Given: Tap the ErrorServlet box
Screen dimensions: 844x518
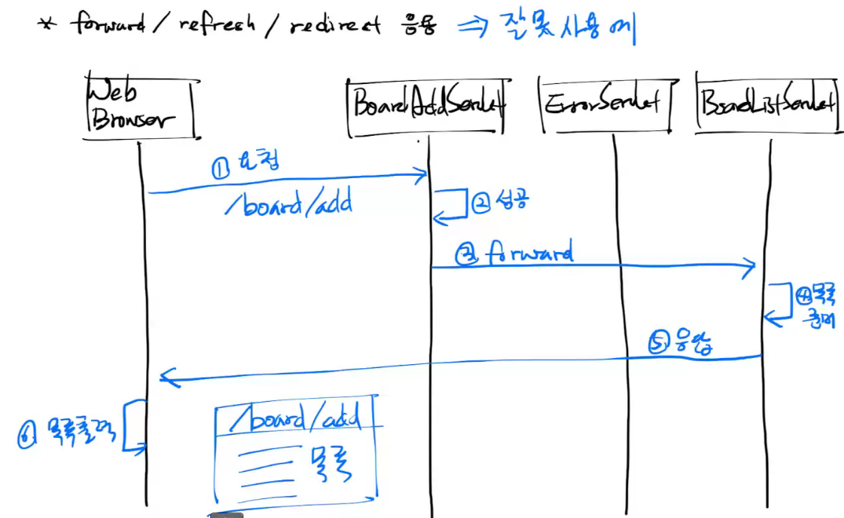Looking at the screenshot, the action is coord(605,105).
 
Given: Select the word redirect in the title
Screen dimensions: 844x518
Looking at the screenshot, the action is coord(334,25).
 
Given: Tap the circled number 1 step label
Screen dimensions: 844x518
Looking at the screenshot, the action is coord(221,167).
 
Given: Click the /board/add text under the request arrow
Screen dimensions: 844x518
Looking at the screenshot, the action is coord(288,205).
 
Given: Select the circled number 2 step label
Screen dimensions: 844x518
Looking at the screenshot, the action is coord(481,202).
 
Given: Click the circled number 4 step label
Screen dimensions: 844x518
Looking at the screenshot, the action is coord(803,297).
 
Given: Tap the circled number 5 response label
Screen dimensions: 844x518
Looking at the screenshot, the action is coord(659,343).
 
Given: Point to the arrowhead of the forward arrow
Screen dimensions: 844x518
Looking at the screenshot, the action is coord(751,268).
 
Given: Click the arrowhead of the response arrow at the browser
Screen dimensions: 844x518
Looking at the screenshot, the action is coord(163,378).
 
